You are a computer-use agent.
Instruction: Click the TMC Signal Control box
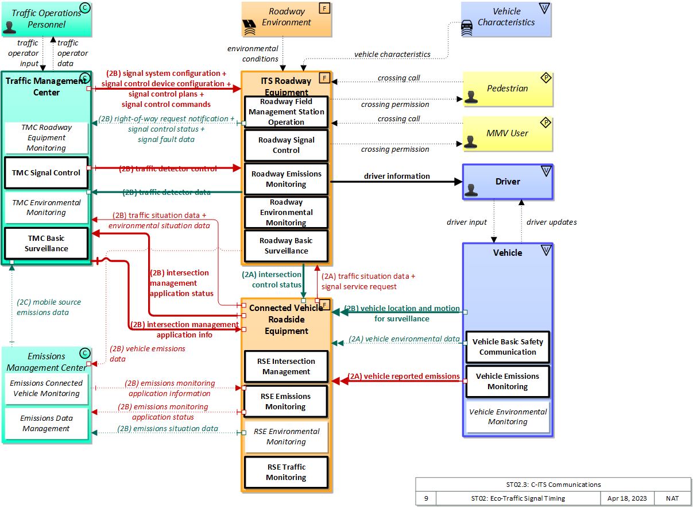pos(47,172)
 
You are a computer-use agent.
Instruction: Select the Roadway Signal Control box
pos(286,145)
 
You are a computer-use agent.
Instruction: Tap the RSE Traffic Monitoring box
pos(286,472)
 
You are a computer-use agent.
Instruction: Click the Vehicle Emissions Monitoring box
pos(508,381)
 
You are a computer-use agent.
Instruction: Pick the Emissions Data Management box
pos(47,424)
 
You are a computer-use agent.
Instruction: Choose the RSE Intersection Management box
pos(286,367)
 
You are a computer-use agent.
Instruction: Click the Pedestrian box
pos(508,89)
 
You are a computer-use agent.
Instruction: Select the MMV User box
pos(508,133)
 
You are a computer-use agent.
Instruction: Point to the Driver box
pos(508,182)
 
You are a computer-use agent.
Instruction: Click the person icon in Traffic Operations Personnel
pos(10,26)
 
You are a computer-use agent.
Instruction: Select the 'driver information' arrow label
pos(397,176)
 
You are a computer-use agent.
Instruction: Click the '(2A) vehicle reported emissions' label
pos(404,377)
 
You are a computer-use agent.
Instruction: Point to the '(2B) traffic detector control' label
pos(168,169)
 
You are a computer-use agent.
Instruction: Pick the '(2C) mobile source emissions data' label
pos(48,307)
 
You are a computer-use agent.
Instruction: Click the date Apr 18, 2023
pos(627,498)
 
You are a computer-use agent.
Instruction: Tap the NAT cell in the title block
pos(673,498)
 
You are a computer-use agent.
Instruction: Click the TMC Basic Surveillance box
pos(47,244)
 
